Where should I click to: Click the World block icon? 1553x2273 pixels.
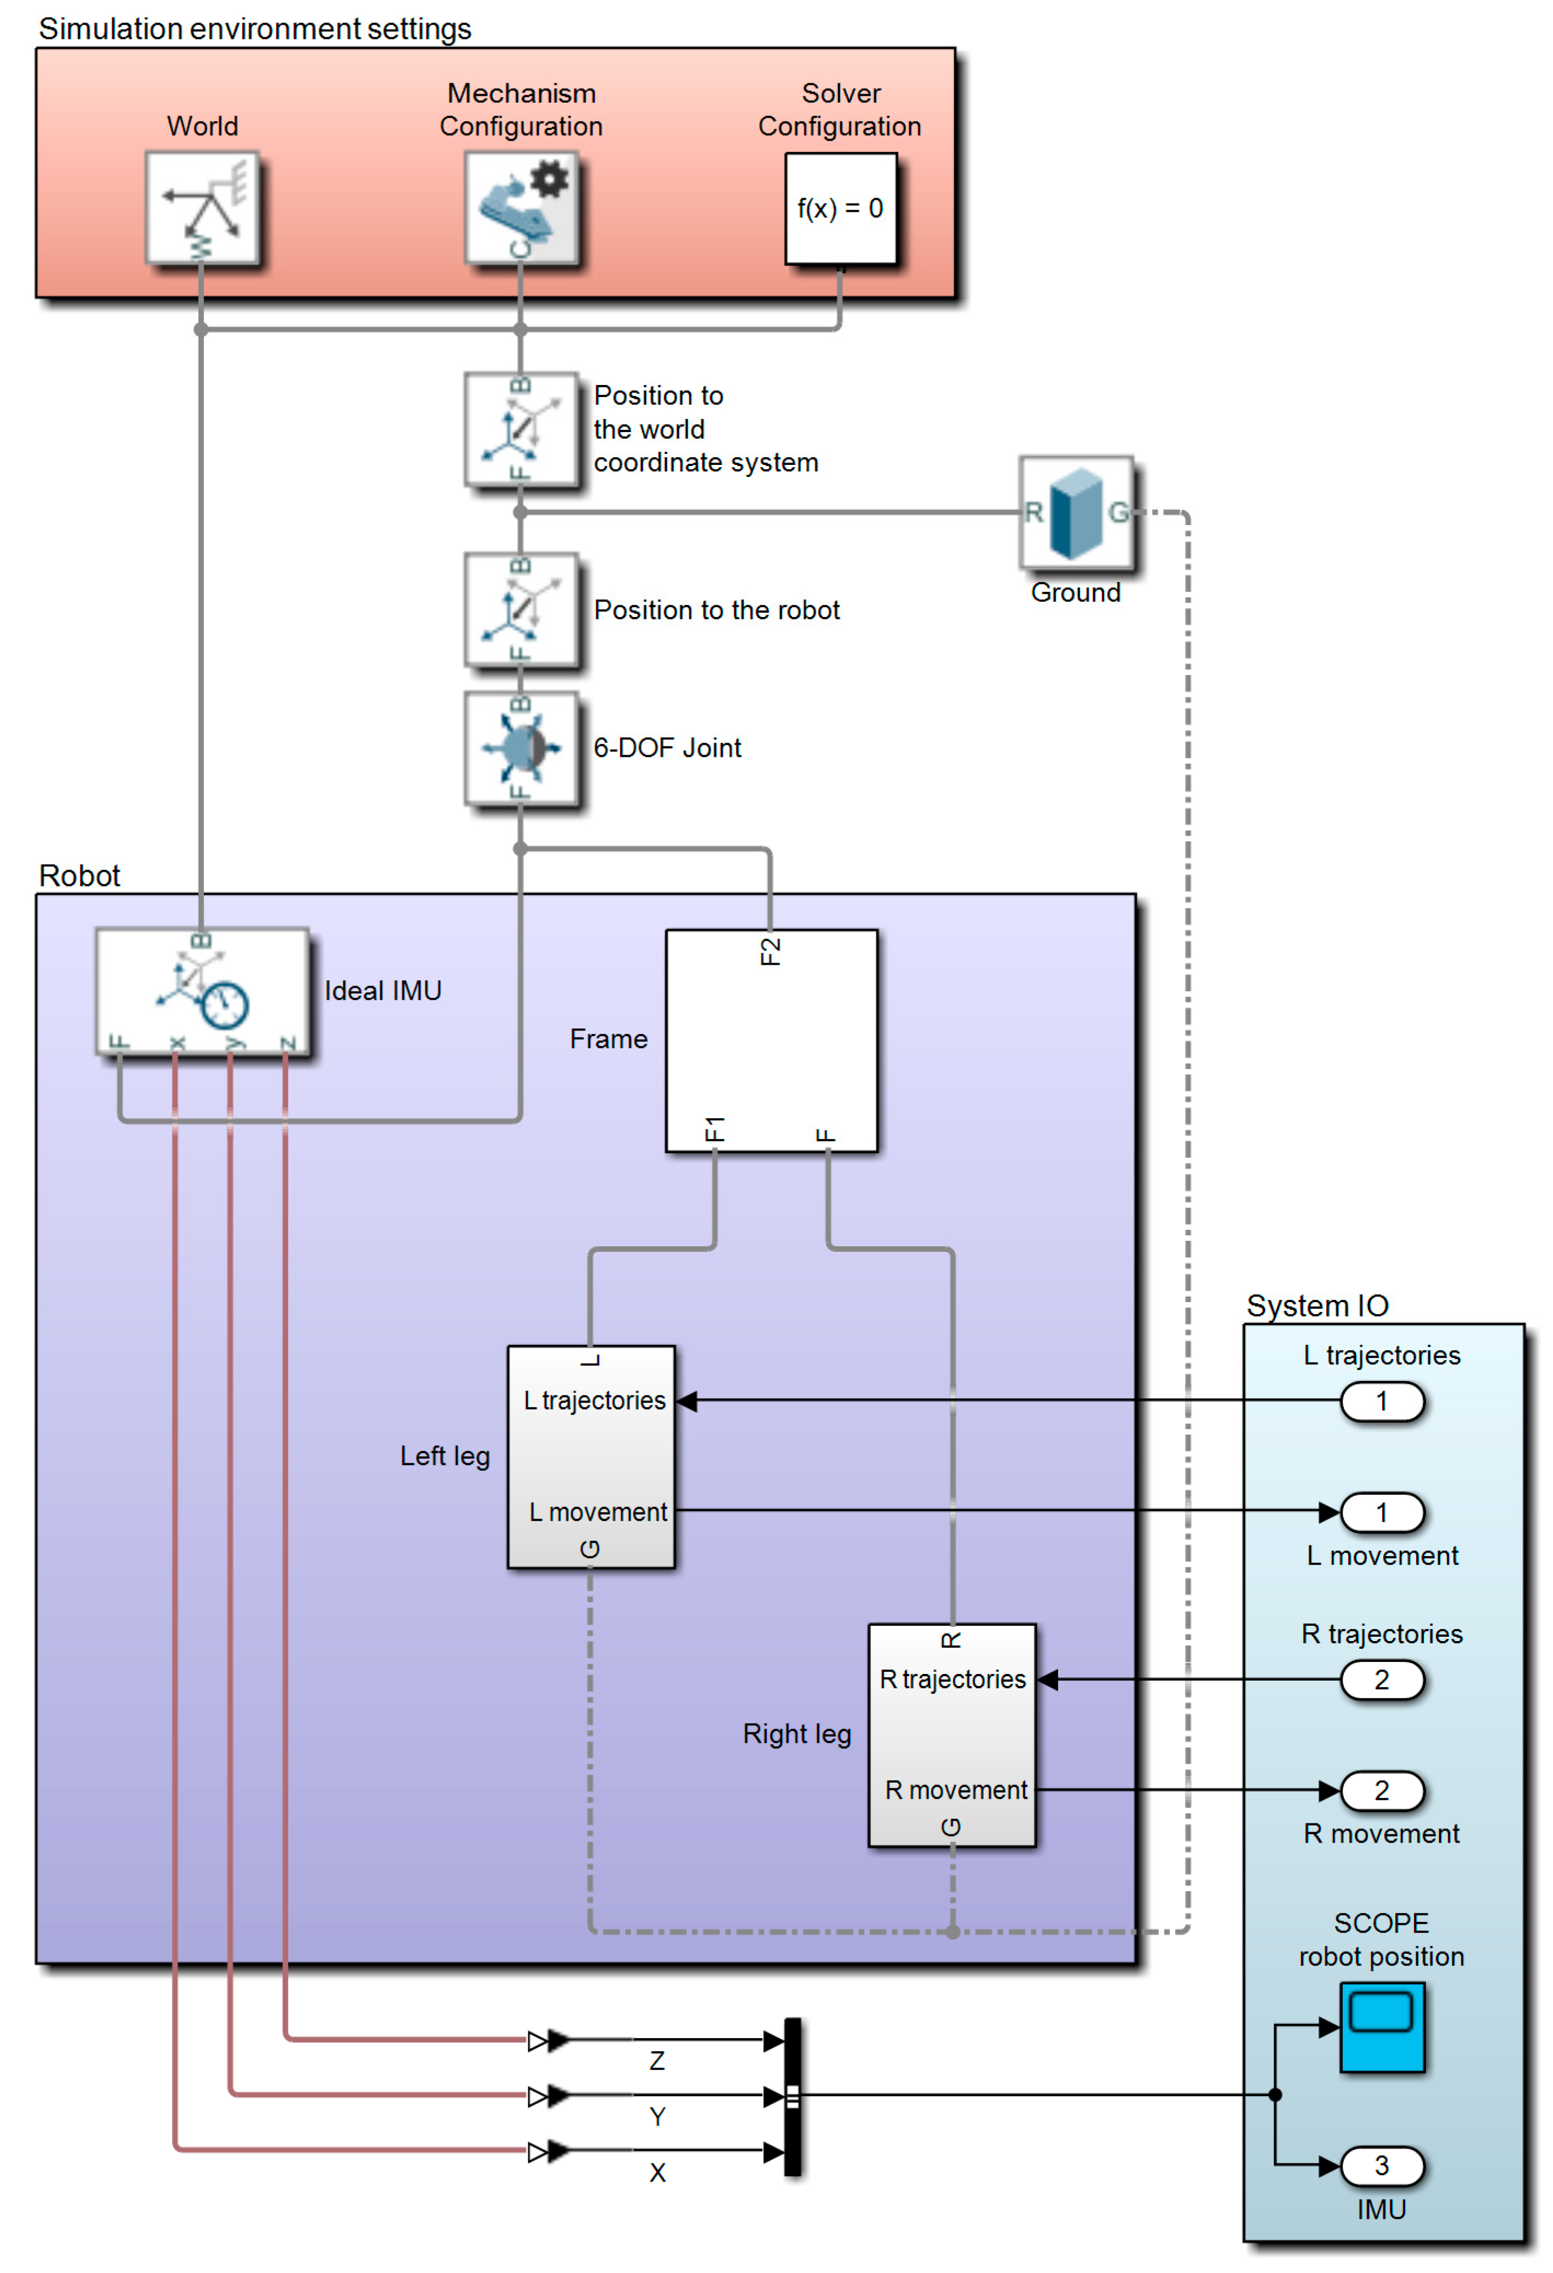201,208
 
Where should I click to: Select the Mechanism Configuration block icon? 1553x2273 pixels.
521,208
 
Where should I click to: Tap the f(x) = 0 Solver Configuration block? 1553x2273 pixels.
840,208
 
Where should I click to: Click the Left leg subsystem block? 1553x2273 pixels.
591,1457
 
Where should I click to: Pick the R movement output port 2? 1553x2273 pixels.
1381,1791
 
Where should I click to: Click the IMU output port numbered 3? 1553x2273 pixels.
1381,2166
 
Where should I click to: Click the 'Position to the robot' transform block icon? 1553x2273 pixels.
521,611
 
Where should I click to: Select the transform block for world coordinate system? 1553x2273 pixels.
521,429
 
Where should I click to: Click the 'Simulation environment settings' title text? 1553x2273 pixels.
254,28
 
